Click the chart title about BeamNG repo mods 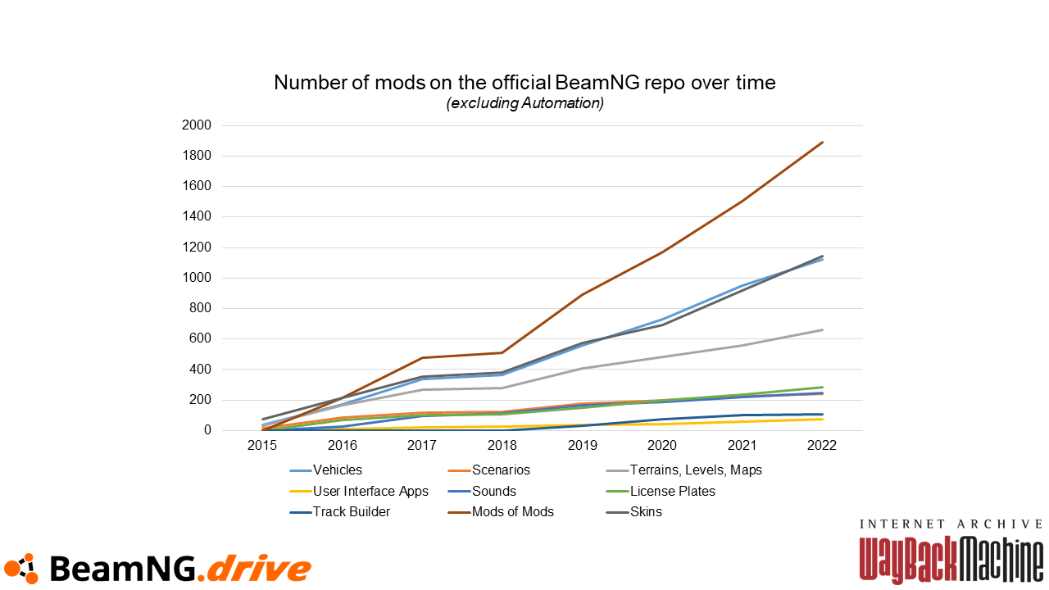click(x=524, y=83)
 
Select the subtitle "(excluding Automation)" click(x=524, y=103)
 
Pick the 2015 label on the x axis click(x=262, y=445)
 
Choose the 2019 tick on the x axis click(x=582, y=445)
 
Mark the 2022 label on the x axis click(x=822, y=445)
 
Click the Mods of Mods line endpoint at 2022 click(x=822, y=143)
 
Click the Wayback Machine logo click(x=951, y=551)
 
